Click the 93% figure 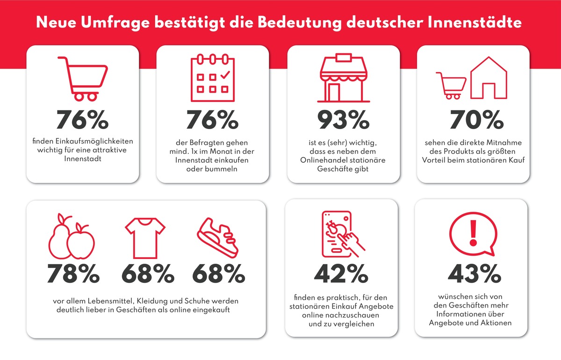343,120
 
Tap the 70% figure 473,120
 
